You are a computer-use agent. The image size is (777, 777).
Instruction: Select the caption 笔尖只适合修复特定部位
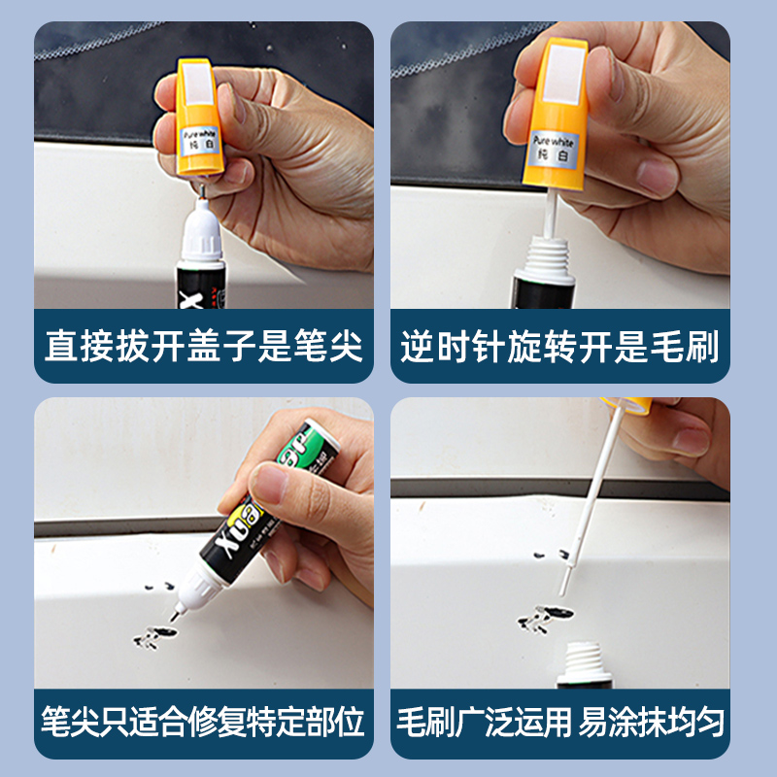point(204,722)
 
